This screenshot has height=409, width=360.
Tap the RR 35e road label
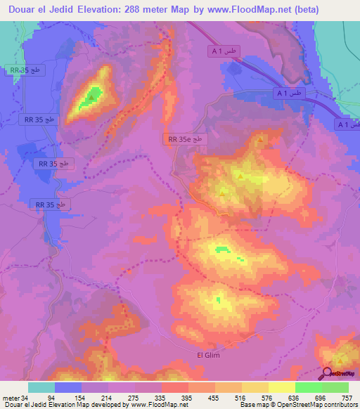coord(186,139)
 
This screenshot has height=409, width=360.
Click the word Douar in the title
coord(20,10)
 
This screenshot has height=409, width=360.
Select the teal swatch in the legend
coord(41,387)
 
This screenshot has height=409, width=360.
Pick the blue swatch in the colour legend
coord(68,387)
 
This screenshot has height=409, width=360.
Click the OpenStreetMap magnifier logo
coord(328,374)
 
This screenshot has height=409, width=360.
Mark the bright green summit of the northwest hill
coord(88,98)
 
